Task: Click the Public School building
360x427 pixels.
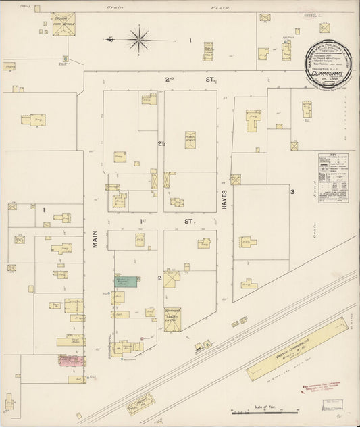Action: (190, 140)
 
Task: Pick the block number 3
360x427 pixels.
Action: (292, 192)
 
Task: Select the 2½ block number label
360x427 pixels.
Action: (161, 144)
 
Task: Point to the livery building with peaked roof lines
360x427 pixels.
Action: (172, 320)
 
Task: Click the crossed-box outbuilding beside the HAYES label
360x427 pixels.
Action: (236, 180)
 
